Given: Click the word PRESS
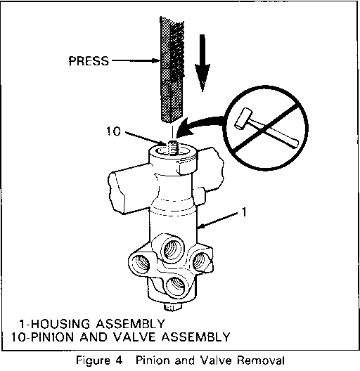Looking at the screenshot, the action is (x=89, y=61).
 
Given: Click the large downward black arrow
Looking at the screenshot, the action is (x=202, y=63).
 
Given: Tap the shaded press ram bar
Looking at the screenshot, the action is (x=172, y=70).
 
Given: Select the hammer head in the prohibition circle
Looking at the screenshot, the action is (x=243, y=119).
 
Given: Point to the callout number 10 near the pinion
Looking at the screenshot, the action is (x=113, y=131).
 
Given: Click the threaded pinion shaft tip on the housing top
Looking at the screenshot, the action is (x=172, y=147).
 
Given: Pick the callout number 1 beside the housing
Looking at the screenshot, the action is (x=244, y=212).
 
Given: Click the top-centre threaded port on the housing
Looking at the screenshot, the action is (x=172, y=249).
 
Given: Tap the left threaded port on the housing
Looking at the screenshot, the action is (x=140, y=263).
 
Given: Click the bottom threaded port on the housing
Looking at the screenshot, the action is (x=176, y=286).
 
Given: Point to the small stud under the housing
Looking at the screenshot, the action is (x=172, y=306).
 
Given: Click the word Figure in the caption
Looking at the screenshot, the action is (x=93, y=361).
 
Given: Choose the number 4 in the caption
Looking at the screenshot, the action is (x=120, y=360).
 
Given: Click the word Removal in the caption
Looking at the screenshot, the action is (x=261, y=360).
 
